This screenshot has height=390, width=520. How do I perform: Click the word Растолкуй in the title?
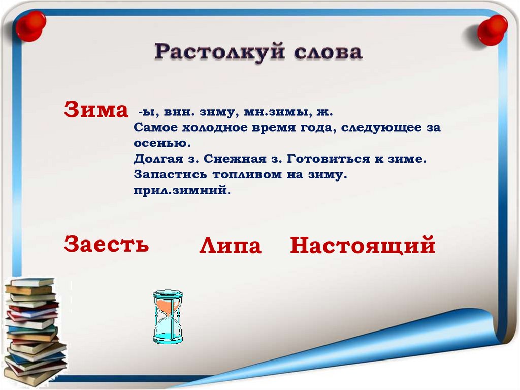[220, 52]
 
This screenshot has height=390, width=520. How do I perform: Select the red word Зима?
[96, 109]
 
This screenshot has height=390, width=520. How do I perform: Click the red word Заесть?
[107, 244]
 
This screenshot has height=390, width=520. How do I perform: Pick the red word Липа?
[230, 246]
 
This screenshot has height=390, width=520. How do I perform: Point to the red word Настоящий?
[363, 245]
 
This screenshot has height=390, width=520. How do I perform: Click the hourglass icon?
[168, 317]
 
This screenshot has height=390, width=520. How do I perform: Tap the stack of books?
[35, 331]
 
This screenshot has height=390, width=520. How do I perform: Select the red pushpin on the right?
[492, 30]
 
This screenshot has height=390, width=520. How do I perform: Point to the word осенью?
[162, 143]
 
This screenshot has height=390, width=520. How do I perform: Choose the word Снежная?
[235, 159]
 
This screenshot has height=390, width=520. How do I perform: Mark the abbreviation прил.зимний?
[182, 190]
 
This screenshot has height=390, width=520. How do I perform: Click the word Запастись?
[170, 174]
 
